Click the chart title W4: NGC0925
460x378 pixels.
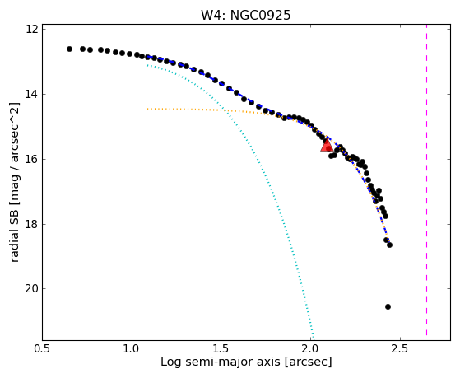245,16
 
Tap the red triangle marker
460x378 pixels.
327,146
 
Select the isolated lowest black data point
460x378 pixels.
388,306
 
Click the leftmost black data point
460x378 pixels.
69,49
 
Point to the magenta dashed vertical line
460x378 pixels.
426,180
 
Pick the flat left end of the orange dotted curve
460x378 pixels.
148,109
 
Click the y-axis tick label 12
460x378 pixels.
32,29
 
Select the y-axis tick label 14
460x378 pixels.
32,94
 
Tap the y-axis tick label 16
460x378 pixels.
32,159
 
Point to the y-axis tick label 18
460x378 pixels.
32,224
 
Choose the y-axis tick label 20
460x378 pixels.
31,289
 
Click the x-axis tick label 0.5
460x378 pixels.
43,348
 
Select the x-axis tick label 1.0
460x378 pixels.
132,348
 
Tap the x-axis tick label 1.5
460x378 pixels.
221,348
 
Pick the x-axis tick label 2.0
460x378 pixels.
311,348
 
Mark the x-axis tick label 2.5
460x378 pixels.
400,348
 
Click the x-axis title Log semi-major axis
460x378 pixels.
221,362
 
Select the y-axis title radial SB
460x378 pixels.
14,231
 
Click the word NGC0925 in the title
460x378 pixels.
261,16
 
